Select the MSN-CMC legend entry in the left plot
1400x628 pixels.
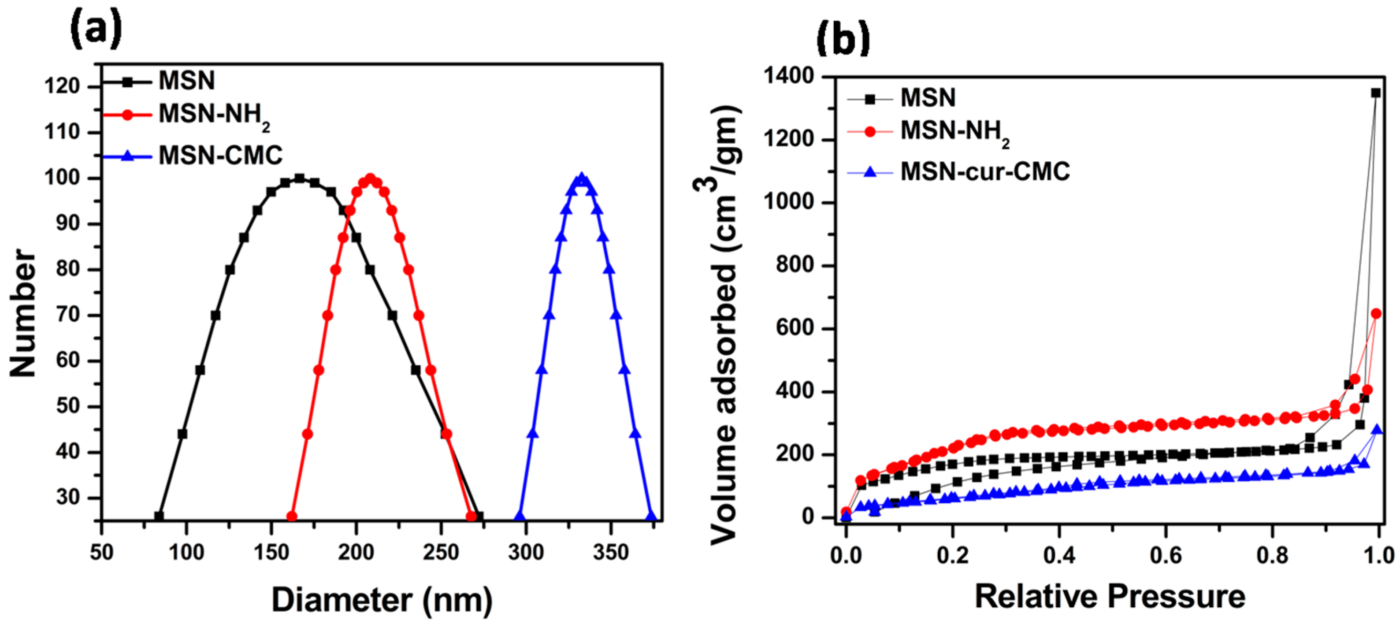pyautogui.click(x=220, y=156)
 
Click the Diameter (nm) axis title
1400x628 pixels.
pyautogui.click(x=382, y=600)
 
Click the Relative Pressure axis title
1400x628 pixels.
pyautogui.click(x=1110, y=596)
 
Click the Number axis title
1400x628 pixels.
pyautogui.click(x=23, y=312)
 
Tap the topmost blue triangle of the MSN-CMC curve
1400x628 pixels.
pyautogui.click(x=582, y=178)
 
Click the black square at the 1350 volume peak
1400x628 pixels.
pyautogui.click(x=1376, y=93)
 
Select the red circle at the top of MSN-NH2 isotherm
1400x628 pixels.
pyautogui.click(x=1376, y=314)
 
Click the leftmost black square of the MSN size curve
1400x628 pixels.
pyautogui.click(x=159, y=516)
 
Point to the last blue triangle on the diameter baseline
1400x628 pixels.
pyautogui.click(x=651, y=516)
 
